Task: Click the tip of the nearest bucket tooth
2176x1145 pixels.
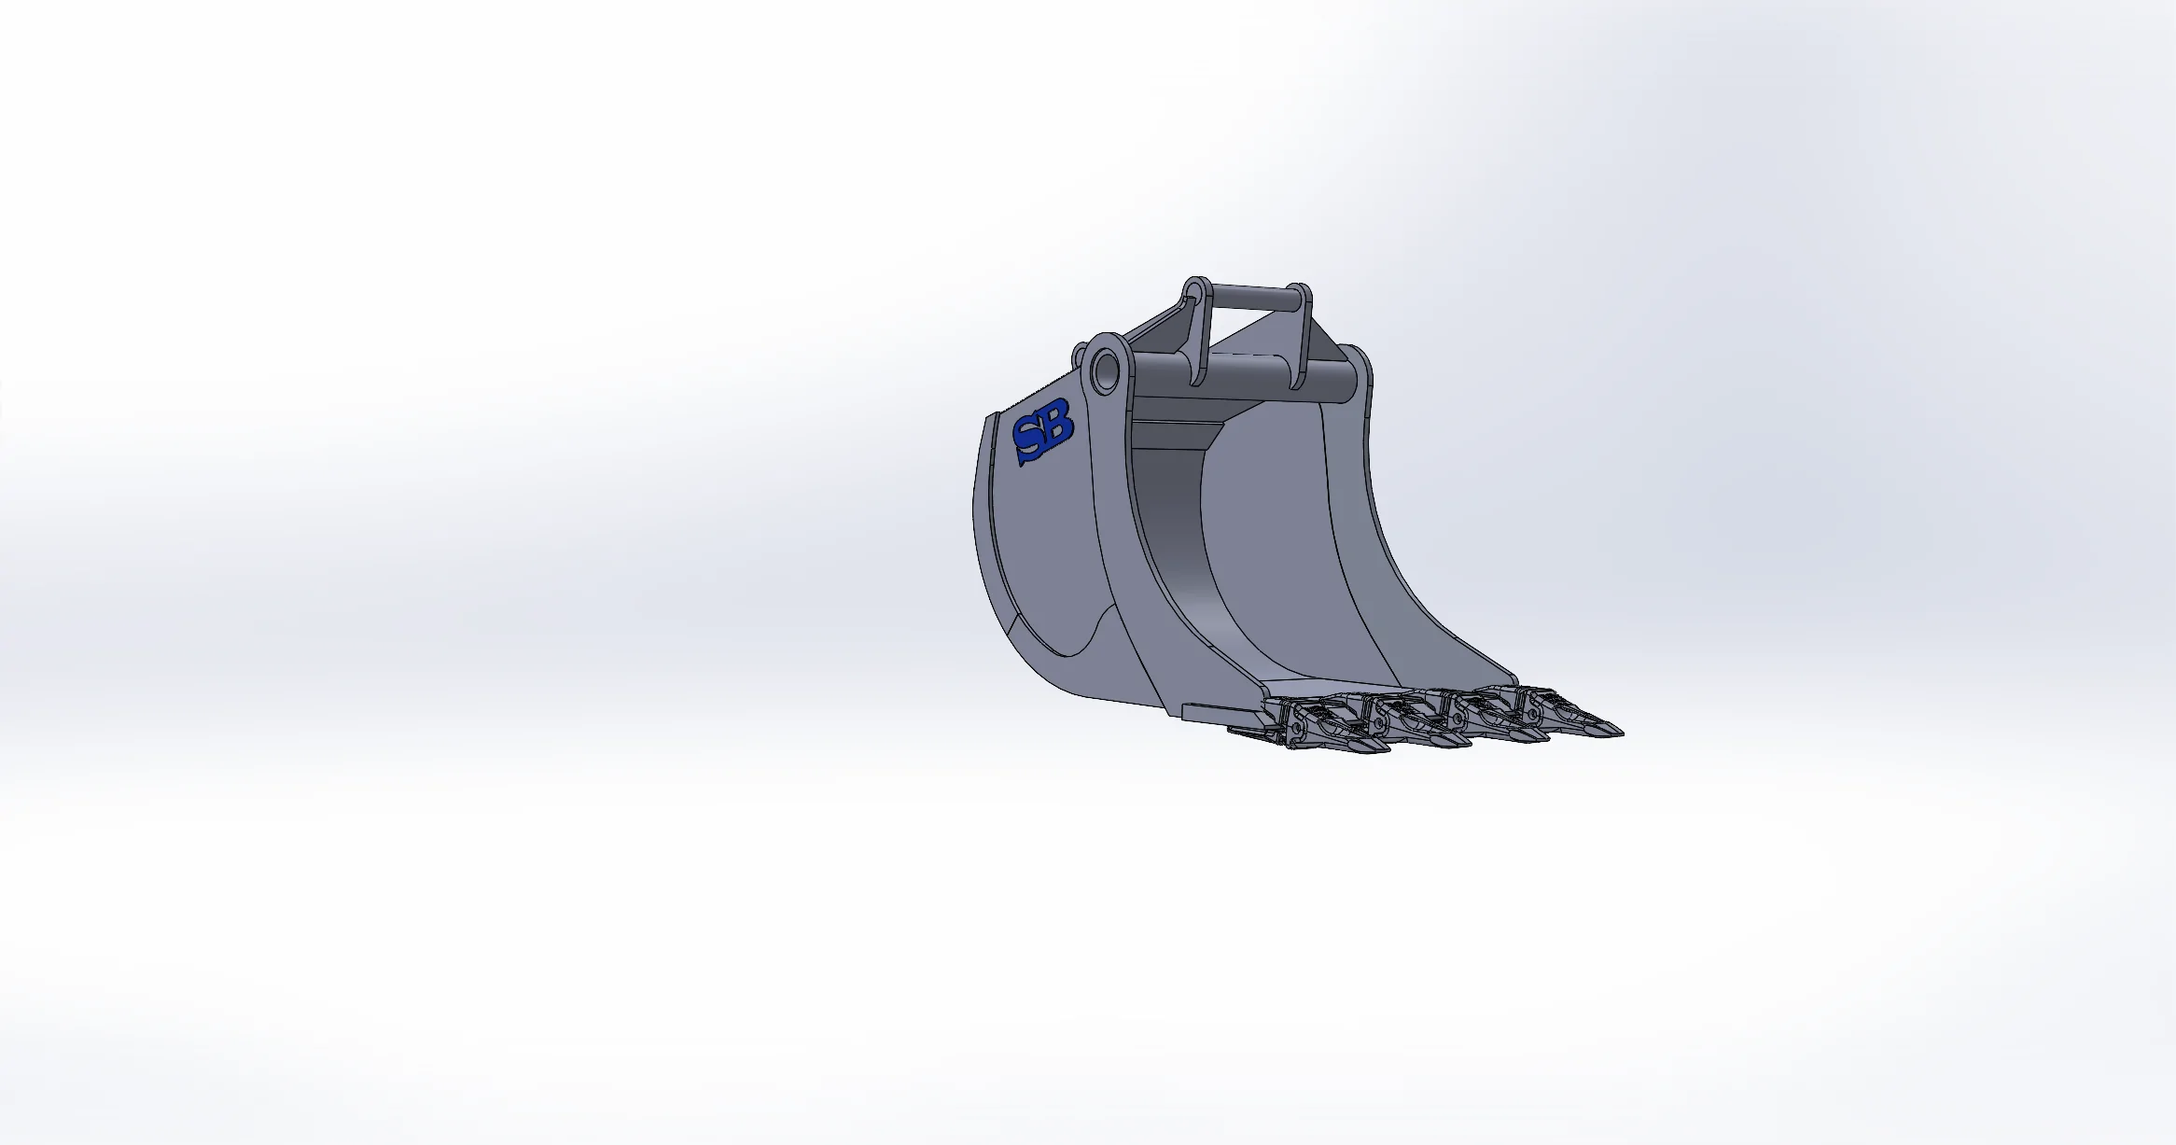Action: [1389, 748]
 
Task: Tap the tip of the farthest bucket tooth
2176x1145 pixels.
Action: [1622, 733]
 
